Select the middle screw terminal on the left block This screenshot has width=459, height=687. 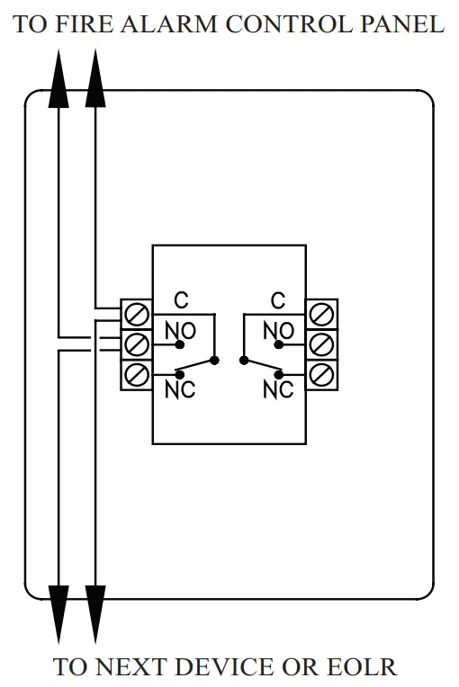[137, 343]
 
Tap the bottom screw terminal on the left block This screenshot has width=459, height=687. [137, 373]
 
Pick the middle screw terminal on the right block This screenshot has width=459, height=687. [321, 343]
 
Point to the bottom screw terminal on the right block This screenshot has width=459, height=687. [321, 373]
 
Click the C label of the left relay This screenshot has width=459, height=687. [180, 299]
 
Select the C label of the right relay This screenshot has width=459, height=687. [278, 299]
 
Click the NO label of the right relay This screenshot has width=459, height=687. [278, 331]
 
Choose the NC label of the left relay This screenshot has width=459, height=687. [180, 389]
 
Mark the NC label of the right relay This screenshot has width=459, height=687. [278, 389]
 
